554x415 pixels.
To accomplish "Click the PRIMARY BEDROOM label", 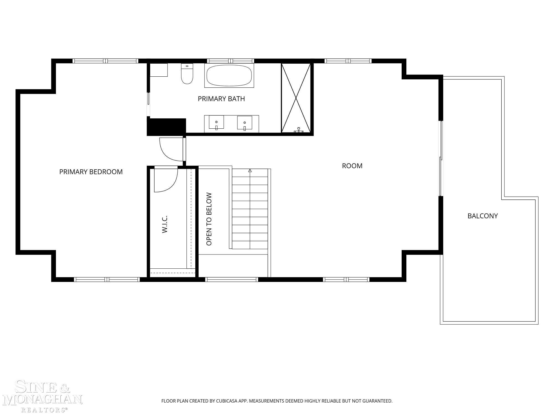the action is pyautogui.click(x=91, y=172).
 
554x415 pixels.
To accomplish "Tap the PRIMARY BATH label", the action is pyautogui.click(x=221, y=99).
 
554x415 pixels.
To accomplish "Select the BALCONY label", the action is pyautogui.click(x=483, y=216).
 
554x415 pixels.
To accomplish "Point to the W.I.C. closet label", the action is pyautogui.click(x=165, y=224).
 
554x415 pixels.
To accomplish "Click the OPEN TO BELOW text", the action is pyautogui.click(x=209, y=219).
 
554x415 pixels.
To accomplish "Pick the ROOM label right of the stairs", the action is pyautogui.click(x=352, y=166).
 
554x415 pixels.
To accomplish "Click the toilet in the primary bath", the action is pyautogui.click(x=187, y=74).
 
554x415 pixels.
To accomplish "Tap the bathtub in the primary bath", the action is pyautogui.click(x=229, y=76).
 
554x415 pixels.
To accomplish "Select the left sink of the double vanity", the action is pyautogui.click(x=216, y=123).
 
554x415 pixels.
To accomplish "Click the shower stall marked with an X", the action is pyautogui.click(x=296, y=98).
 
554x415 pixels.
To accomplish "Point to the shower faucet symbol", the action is pyautogui.click(x=299, y=130).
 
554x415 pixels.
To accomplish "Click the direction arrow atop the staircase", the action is pyautogui.click(x=250, y=171).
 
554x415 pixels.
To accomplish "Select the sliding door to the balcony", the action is pyautogui.click(x=441, y=159).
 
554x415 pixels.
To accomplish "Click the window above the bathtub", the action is pyautogui.click(x=230, y=61).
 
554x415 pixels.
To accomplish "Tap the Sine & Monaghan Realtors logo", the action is pyautogui.click(x=42, y=396).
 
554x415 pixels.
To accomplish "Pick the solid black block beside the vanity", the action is pyautogui.click(x=166, y=127).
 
